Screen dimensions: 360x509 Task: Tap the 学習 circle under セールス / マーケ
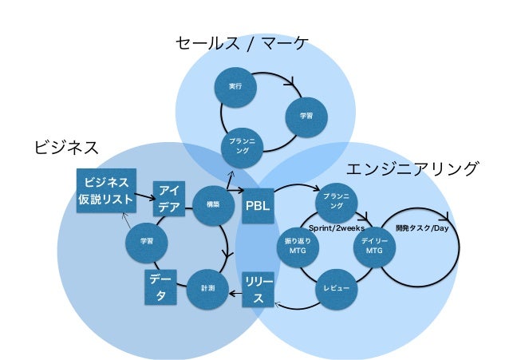point(306,116)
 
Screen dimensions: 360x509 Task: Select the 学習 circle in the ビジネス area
point(147,240)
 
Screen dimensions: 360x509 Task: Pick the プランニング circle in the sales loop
point(238,146)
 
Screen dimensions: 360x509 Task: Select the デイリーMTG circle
point(373,246)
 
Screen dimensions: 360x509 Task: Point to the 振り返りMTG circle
point(297,246)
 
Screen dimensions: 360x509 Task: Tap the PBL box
point(258,206)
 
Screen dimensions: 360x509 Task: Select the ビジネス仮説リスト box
point(105,189)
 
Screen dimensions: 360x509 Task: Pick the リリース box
point(258,289)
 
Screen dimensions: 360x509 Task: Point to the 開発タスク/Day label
point(423,228)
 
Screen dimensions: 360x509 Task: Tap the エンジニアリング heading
point(412,169)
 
